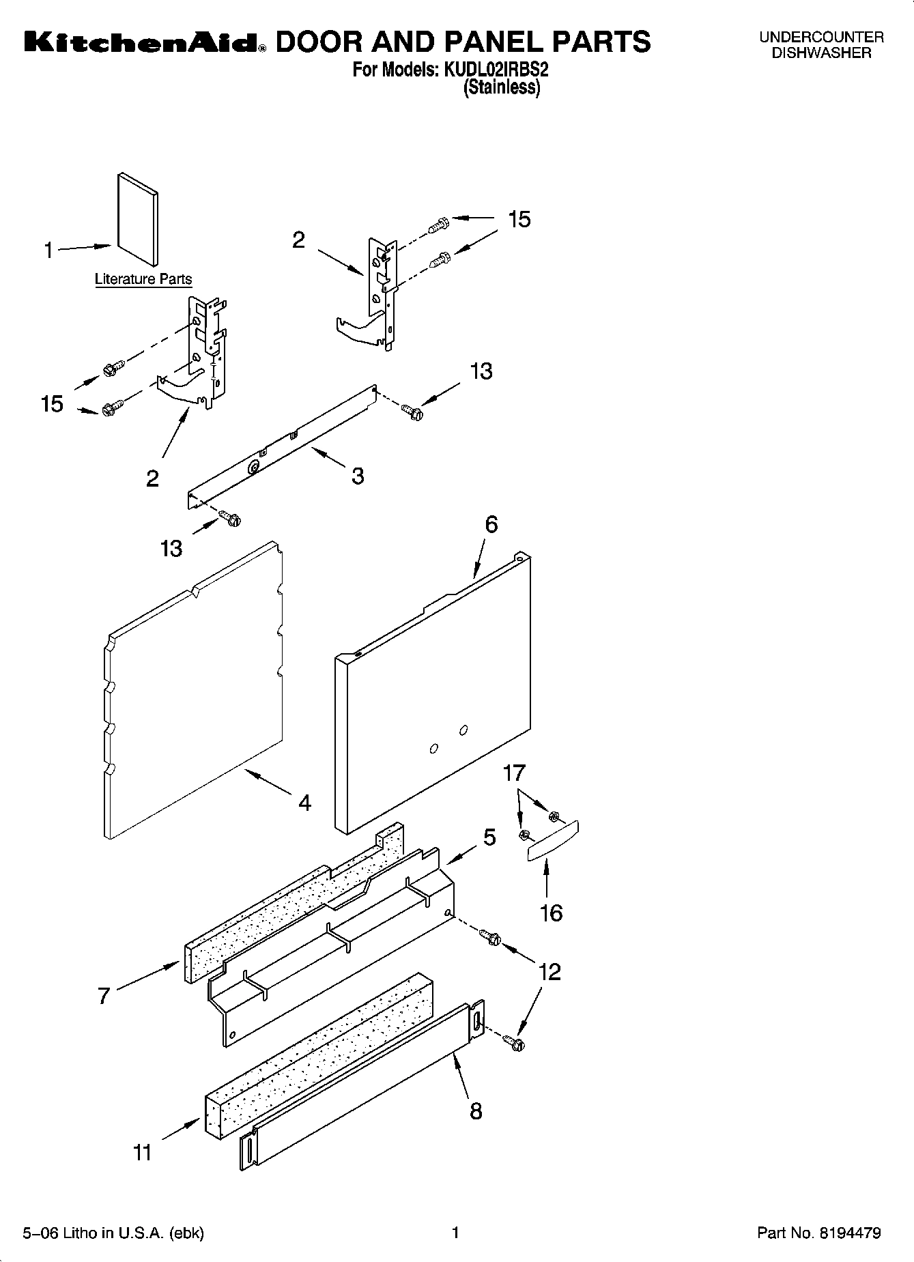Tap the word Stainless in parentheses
click(x=502, y=87)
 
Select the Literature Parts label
click(x=143, y=278)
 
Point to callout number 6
click(x=491, y=524)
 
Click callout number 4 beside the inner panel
click(x=304, y=803)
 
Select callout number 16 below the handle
click(x=551, y=913)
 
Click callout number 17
click(x=514, y=773)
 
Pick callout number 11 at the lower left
click(x=142, y=1153)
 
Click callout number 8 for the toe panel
click(x=476, y=1110)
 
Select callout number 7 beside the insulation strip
click(x=103, y=996)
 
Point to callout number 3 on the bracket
click(x=358, y=476)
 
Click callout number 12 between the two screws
click(x=549, y=971)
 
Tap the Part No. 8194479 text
click(x=819, y=1233)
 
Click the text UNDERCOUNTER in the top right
click(x=821, y=38)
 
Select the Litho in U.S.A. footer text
click(x=113, y=1233)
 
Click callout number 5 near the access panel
click(x=489, y=837)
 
